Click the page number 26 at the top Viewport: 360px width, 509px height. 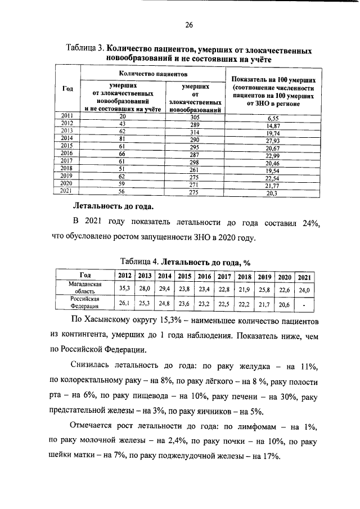[x=190, y=25]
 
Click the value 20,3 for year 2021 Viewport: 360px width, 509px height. [x=273, y=193]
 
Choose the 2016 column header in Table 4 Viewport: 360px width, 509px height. [x=204, y=276]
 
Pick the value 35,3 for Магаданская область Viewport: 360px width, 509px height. [x=124, y=289]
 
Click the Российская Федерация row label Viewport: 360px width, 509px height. [x=84, y=304]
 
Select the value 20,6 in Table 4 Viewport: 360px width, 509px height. [x=284, y=304]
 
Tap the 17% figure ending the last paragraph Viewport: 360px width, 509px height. [x=268, y=456]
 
